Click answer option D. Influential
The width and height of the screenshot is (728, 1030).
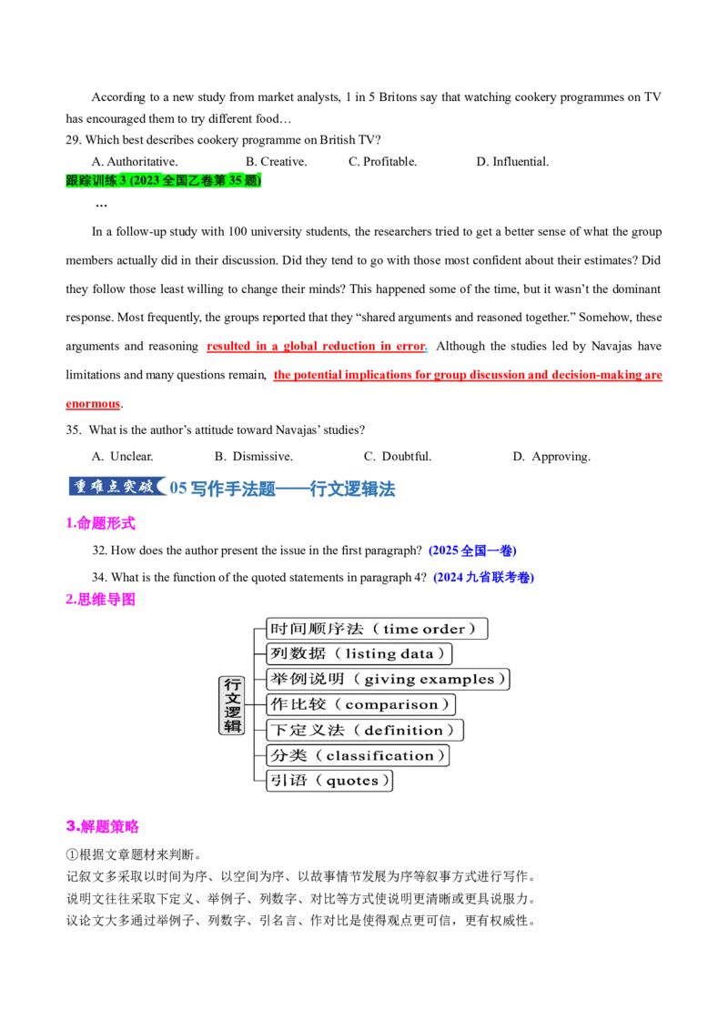[x=512, y=162]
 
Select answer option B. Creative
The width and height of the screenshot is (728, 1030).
[x=277, y=162]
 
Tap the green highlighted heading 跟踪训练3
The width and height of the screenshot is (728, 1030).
[x=164, y=180]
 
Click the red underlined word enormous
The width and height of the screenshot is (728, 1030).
[x=93, y=404]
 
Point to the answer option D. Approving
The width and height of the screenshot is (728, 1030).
[x=551, y=457]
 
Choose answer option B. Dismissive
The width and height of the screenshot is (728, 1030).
[x=254, y=457]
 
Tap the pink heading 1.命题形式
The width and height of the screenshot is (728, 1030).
[x=100, y=523]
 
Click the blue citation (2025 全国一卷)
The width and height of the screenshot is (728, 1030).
[x=472, y=550]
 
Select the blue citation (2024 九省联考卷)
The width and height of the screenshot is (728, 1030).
[x=483, y=578]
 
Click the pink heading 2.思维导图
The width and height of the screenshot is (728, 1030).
[x=100, y=599]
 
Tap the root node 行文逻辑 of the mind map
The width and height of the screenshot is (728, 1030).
[x=232, y=705]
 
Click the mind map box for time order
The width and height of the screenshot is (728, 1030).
[x=377, y=629]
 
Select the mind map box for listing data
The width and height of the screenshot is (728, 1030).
[x=359, y=653]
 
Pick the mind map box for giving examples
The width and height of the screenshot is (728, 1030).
[x=388, y=679]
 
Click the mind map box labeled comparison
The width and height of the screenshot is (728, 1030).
[x=360, y=705]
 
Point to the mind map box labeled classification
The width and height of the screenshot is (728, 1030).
[x=358, y=755]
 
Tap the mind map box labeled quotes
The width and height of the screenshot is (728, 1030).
[x=329, y=781]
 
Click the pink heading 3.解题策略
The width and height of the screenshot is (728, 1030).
[x=103, y=826]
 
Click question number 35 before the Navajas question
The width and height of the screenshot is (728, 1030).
[x=74, y=430]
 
